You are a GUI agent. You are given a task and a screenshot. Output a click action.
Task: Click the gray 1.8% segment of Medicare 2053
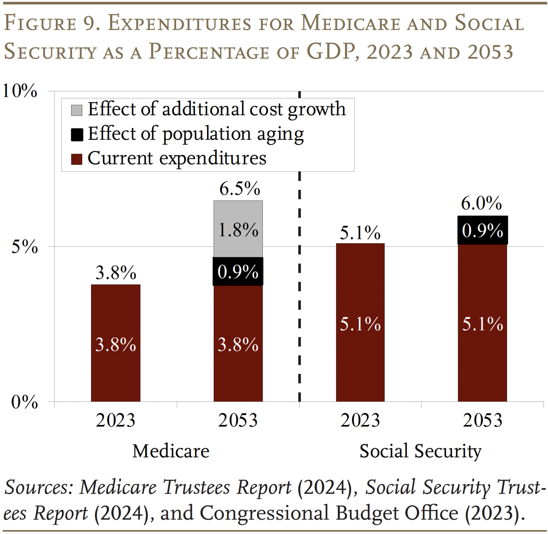238,229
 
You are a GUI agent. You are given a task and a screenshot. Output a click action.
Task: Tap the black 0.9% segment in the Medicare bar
238,271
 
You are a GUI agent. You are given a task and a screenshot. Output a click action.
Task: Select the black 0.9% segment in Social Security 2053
482,230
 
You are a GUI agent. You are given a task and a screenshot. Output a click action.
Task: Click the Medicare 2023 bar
116,343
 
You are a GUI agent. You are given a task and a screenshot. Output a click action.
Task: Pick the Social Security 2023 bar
360,322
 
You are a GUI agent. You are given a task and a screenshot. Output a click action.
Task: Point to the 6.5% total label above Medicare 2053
240,189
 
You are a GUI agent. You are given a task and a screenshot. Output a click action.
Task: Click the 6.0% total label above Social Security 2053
481,203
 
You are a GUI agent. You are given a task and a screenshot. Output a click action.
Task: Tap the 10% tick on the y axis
20,91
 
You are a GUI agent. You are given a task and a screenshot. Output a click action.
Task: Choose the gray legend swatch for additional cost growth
77,110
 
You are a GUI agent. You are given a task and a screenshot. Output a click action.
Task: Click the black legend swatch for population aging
77,134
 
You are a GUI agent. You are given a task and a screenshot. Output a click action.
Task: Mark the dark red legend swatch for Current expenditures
77,159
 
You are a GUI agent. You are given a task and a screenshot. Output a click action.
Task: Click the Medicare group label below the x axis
171,451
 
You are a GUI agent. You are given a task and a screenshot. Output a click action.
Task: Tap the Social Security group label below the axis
420,451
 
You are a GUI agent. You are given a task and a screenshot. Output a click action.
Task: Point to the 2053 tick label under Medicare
238,420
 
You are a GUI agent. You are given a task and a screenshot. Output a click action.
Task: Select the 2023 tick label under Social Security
360,420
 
